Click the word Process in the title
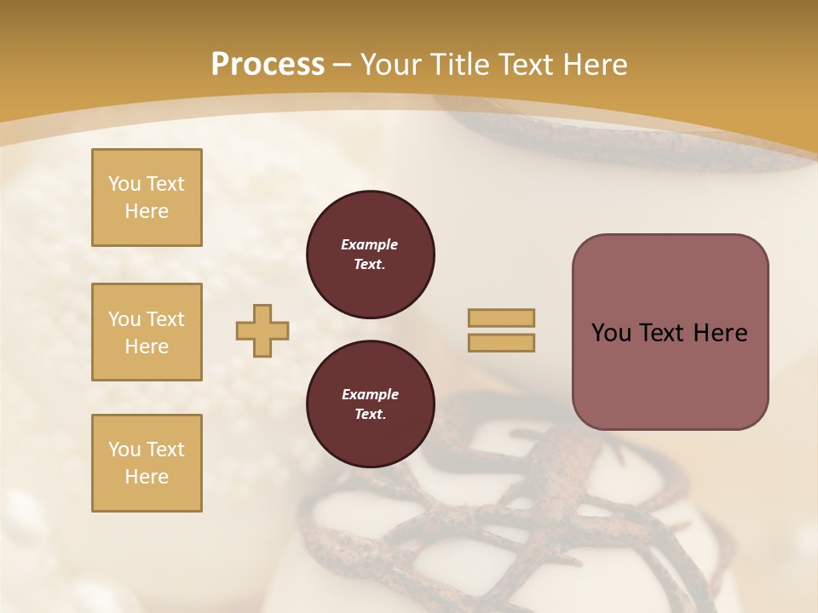coord(268,64)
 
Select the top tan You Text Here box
coord(147,198)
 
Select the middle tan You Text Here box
coord(147,332)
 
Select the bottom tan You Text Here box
coord(147,463)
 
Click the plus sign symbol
coord(262,330)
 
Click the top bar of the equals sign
coord(501,318)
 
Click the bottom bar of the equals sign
coord(501,342)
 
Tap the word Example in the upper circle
coord(370,244)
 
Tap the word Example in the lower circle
coord(370,394)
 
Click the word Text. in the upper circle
coord(370,264)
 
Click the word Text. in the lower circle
coord(370,415)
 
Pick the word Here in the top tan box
coord(147,211)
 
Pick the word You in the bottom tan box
coord(124,450)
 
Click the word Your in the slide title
coord(392,65)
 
